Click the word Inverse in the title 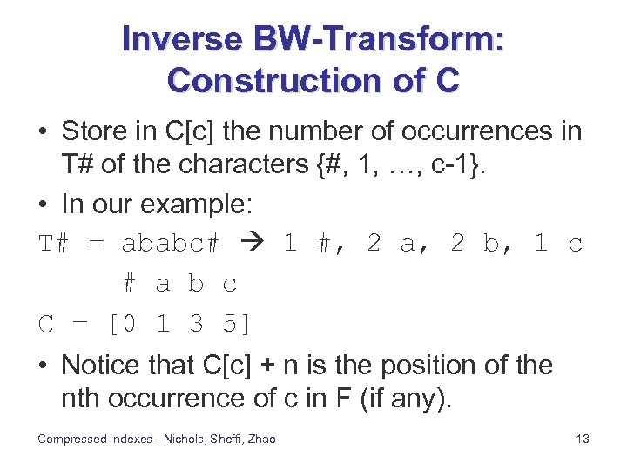coord(182,39)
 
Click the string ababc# coord(171,244)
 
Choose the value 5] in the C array coord(237,324)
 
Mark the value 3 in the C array coord(196,324)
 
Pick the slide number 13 coord(583,439)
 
